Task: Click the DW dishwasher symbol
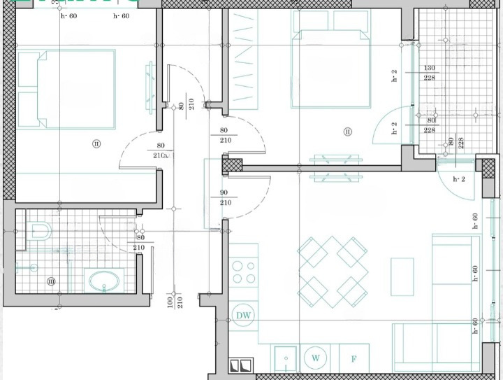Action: click(x=244, y=316)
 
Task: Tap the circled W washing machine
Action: click(x=316, y=358)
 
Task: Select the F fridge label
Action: click(x=354, y=359)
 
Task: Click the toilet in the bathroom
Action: click(x=40, y=231)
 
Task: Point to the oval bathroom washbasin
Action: click(x=105, y=283)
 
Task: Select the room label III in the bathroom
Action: click(x=51, y=282)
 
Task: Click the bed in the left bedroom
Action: click(x=66, y=90)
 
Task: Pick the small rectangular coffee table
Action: click(x=402, y=276)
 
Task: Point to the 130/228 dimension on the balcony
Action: click(x=429, y=73)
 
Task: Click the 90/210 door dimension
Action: click(x=225, y=197)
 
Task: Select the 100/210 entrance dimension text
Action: click(x=173, y=302)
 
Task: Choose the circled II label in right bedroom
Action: click(x=347, y=131)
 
